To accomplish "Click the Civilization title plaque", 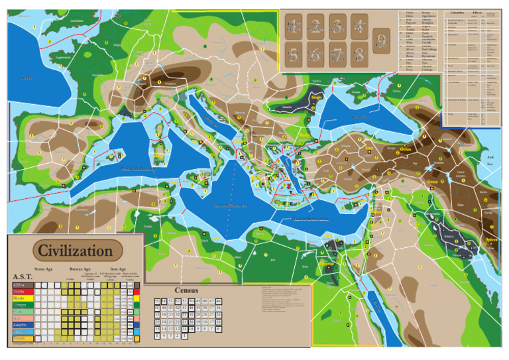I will (76, 251).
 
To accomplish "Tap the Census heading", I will (186, 290).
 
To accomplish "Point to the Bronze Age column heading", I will (78, 270).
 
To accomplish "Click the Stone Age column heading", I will (43, 270).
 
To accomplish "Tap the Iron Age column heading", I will (119, 270).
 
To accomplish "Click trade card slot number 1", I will (294, 26).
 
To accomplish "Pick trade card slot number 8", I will (359, 53).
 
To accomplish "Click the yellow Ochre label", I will (406, 149).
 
